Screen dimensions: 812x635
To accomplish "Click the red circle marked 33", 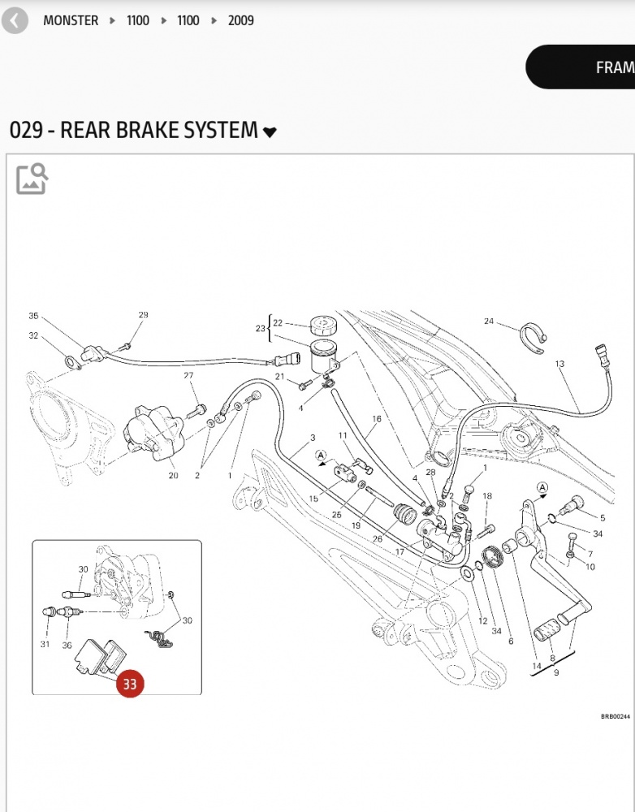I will (130, 684).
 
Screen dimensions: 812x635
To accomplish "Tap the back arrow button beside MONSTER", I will (15, 20).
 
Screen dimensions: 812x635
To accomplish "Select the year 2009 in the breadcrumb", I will (240, 20).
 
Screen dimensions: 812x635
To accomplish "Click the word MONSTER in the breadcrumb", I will (71, 20).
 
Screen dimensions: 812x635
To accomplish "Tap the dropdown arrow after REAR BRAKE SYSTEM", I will (270, 132).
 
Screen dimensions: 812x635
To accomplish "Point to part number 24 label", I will (489, 322).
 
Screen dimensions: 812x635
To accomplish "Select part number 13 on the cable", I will (559, 364).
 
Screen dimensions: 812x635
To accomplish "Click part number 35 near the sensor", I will (33, 316).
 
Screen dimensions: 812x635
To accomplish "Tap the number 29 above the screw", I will (143, 315).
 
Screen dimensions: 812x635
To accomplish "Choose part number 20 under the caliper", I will (173, 475).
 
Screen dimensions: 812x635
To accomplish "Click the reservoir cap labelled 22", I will (323, 325).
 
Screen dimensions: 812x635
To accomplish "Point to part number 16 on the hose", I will (377, 420).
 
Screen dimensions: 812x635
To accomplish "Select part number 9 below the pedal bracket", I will (555, 672).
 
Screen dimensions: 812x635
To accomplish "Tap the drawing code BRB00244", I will (616, 716).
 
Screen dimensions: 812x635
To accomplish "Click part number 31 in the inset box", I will (45, 645).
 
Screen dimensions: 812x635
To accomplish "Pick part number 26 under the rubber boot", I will (377, 538).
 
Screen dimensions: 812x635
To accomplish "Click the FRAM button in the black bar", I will (614, 67).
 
